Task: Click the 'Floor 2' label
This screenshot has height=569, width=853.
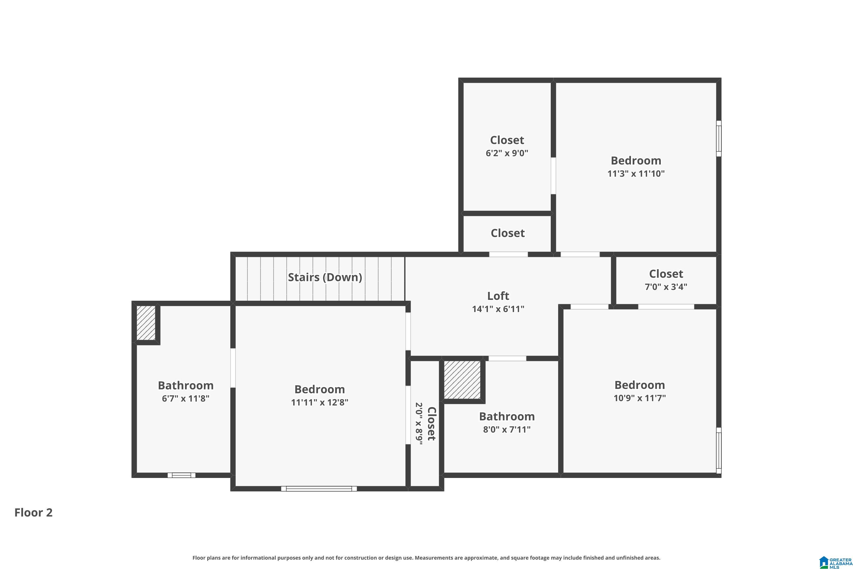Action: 33,512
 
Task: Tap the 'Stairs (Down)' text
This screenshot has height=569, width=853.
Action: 325,277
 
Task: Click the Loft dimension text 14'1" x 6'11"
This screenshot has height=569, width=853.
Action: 498,309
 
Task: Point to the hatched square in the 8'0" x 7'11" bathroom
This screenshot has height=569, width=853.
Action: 462,380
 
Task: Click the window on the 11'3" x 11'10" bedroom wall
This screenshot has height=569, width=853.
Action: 719,138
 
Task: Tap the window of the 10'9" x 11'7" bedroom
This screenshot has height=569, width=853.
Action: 719,450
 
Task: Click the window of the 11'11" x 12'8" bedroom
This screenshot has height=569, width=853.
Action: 319,488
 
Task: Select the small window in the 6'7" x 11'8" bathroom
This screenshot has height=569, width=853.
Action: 181,475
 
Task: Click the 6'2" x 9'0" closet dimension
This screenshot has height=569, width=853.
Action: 507,153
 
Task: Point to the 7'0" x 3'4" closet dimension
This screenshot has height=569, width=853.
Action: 666,287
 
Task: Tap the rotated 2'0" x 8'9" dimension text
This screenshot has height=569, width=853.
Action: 419,424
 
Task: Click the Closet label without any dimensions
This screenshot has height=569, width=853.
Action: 507,233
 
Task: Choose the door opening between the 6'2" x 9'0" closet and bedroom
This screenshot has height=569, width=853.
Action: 553,176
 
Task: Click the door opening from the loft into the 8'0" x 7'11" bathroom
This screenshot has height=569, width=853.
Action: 507,358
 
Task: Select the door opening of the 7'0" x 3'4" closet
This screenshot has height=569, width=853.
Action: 666,307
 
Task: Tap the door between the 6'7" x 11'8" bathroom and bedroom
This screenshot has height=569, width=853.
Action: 233,368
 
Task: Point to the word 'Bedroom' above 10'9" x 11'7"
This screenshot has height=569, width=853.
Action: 639,385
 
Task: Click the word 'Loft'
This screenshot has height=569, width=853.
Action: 498,296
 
